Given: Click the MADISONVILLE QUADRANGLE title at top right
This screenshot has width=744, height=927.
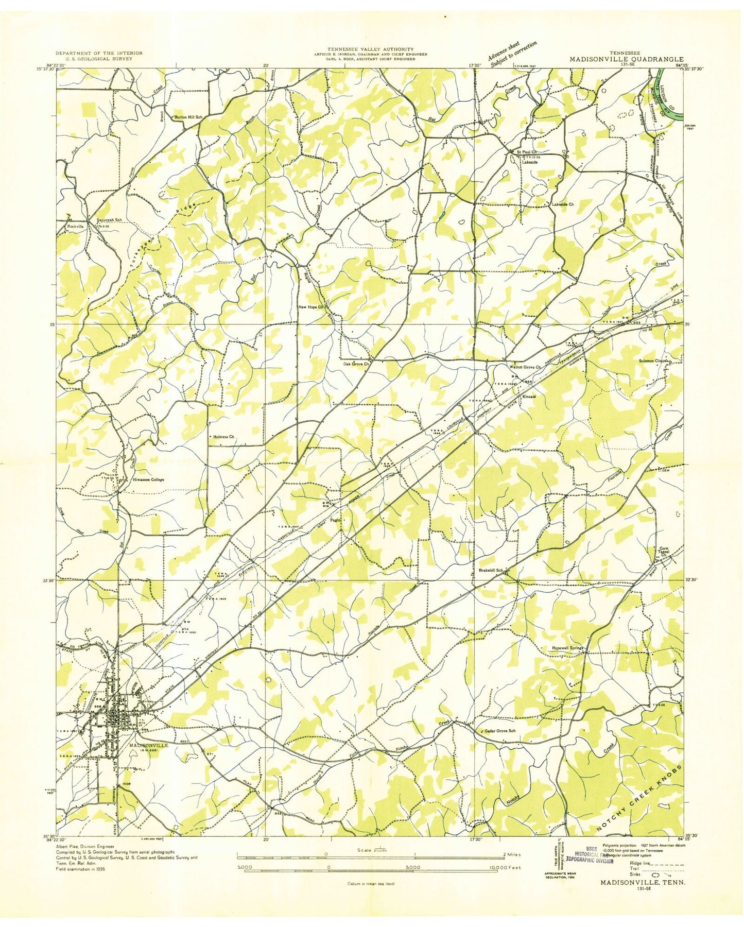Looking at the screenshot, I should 626,59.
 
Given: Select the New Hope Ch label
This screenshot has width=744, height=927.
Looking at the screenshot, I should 311,307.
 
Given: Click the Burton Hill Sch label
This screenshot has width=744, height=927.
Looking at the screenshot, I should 189,117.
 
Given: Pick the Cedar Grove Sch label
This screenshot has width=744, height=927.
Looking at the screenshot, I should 500,731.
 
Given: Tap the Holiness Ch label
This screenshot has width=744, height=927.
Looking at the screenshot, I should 223,437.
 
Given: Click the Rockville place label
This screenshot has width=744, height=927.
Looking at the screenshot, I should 75,226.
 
